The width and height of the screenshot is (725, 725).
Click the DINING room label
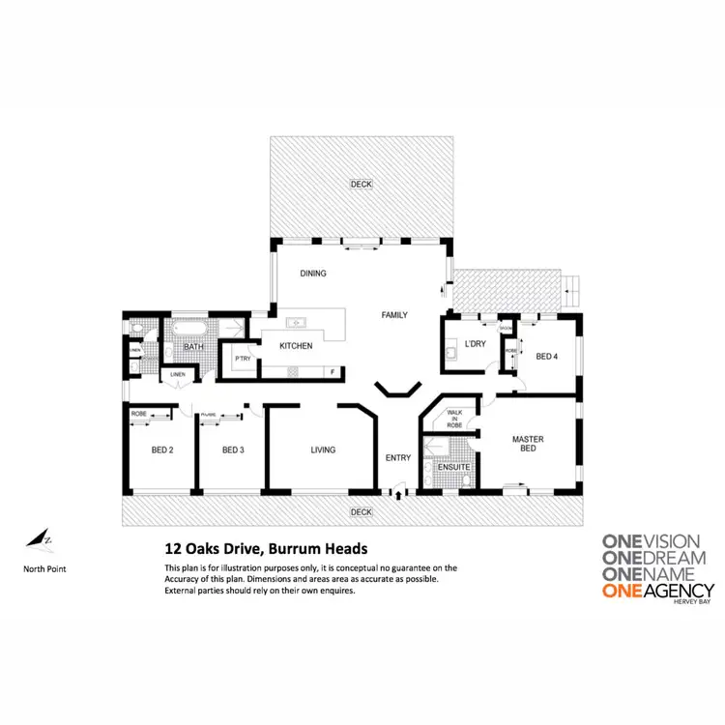click(312, 274)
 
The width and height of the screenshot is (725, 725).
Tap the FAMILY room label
click(394, 315)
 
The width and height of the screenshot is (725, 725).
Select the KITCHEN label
click(296, 346)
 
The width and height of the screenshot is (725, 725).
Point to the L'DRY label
click(475, 344)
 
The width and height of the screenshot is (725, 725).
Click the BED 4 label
click(546, 357)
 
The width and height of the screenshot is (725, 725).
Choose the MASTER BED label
click(527, 444)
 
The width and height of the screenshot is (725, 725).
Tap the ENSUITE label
click(452, 468)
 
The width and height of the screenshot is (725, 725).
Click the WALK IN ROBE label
click(453, 420)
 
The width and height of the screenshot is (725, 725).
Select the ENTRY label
click(398, 458)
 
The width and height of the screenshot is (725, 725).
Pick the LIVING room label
click(323, 449)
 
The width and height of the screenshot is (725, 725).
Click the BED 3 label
click(233, 449)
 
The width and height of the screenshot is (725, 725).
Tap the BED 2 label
click(162, 449)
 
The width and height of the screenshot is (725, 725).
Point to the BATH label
click(194, 347)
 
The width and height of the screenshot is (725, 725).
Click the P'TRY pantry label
click(243, 360)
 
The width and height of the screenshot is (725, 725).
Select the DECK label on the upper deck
click(361, 184)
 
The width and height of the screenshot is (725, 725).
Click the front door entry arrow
click(397, 494)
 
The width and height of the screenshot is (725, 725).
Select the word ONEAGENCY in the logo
click(657, 590)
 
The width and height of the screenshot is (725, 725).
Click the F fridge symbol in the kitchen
click(333, 371)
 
